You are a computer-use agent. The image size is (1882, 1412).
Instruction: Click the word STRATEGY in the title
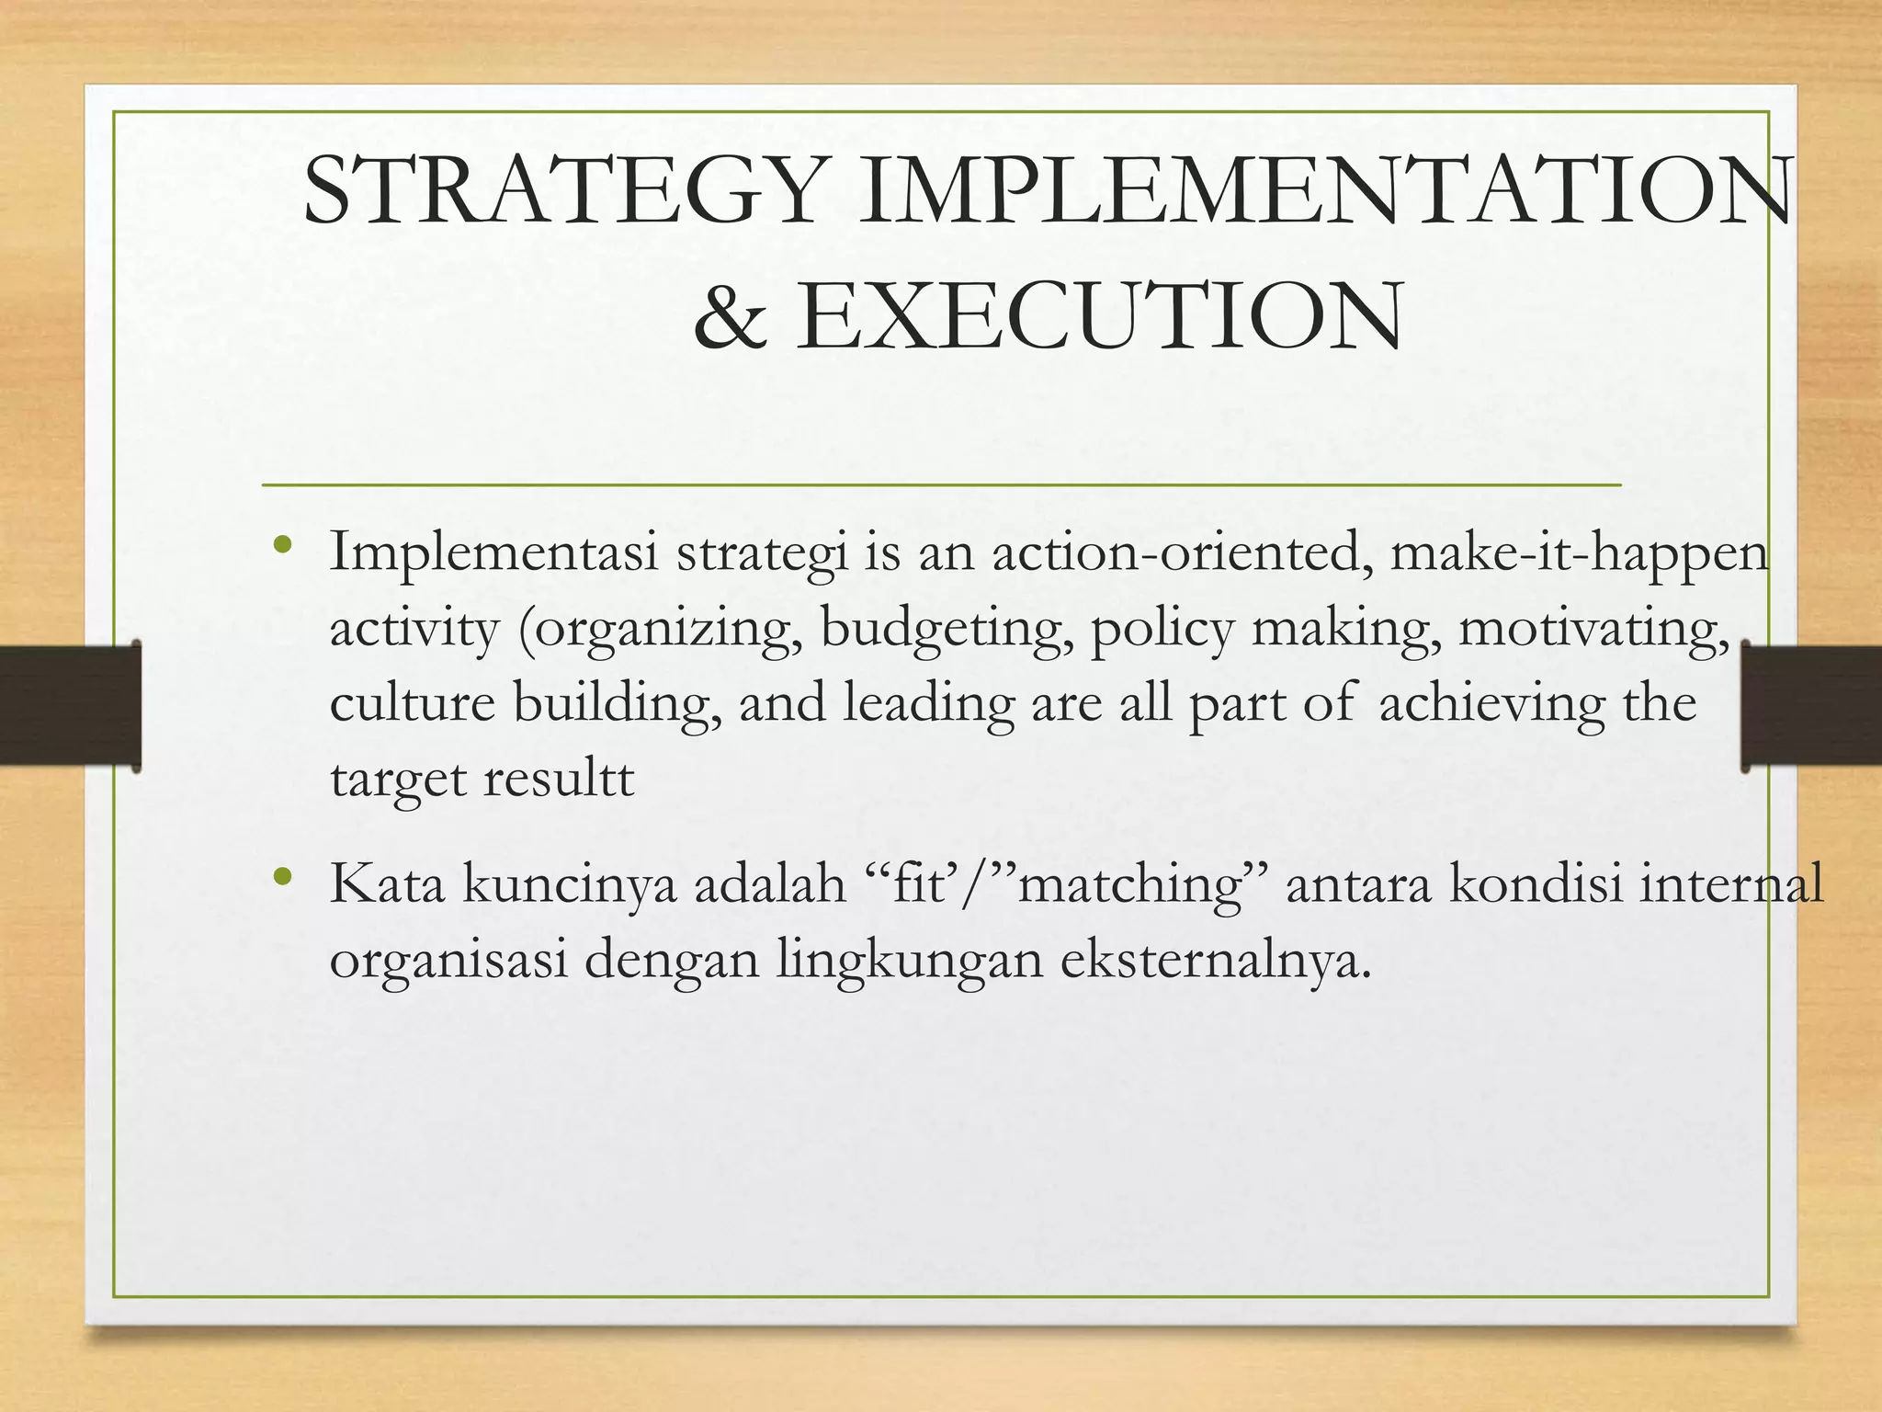[561, 191]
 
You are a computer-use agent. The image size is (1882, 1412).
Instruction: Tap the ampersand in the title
[731, 317]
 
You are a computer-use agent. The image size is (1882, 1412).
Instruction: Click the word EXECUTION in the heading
[1099, 317]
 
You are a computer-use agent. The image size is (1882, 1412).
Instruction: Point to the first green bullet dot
[282, 545]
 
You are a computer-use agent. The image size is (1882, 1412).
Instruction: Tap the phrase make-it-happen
[1578, 553]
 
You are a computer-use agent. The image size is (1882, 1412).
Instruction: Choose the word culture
[412, 703]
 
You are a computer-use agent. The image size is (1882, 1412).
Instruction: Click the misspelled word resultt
[558, 780]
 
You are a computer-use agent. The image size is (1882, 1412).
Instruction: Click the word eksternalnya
[1215, 960]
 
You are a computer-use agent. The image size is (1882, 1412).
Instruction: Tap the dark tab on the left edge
[70, 705]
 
